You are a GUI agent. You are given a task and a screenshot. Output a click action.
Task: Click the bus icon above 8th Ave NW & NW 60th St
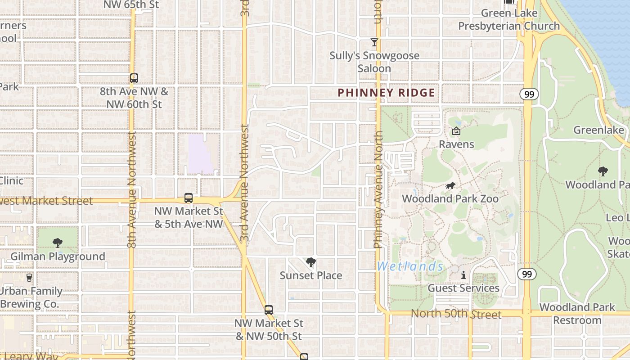pyautogui.click(x=134, y=78)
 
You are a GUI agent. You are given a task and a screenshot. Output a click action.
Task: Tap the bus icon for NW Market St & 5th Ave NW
pyautogui.click(x=189, y=198)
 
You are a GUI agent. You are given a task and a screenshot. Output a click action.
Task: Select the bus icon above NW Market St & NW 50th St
pyautogui.click(x=269, y=310)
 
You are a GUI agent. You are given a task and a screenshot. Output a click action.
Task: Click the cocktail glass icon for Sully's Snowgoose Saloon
pyautogui.click(x=374, y=42)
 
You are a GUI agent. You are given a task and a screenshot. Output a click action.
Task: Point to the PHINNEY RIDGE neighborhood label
pyautogui.click(x=386, y=93)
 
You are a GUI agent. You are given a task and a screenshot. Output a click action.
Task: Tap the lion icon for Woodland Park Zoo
pyautogui.click(x=450, y=186)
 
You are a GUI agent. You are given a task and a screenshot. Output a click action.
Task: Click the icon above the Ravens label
pyautogui.click(x=456, y=131)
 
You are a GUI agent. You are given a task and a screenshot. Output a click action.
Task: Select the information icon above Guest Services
pyautogui.click(x=463, y=275)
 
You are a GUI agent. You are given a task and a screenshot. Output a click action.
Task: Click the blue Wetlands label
pyautogui.click(x=410, y=266)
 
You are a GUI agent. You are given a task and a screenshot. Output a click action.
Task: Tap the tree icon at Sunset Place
pyautogui.click(x=310, y=262)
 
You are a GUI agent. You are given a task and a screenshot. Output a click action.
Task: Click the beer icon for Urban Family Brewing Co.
pyautogui.click(x=29, y=277)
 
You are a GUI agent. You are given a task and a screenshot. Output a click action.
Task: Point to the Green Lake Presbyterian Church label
pyautogui.click(x=509, y=20)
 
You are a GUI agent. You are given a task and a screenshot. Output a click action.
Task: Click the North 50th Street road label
pyautogui.click(x=456, y=314)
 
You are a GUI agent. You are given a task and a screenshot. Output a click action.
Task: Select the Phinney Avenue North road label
pyautogui.click(x=378, y=189)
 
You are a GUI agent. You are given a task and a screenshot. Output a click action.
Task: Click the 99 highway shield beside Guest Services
pyautogui.click(x=526, y=274)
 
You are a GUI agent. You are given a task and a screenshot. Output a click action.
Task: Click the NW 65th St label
pyautogui.click(x=131, y=4)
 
